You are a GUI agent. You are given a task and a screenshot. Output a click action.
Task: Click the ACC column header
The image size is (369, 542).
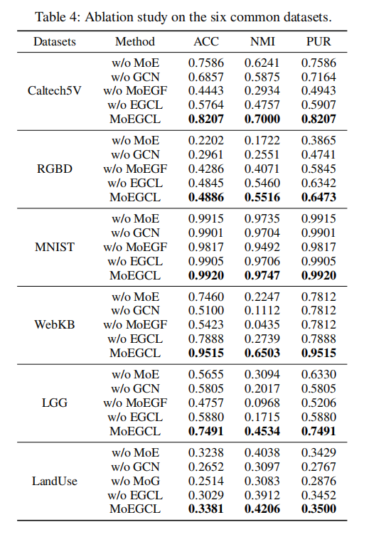(x=206, y=41)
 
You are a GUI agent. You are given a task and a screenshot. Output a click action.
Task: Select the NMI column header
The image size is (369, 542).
(x=262, y=41)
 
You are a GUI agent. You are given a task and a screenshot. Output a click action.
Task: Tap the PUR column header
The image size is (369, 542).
(x=317, y=41)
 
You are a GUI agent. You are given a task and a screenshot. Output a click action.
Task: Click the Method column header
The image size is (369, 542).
(x=135, y=41)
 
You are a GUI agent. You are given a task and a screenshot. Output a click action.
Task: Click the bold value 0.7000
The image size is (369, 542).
(x=262, y=119)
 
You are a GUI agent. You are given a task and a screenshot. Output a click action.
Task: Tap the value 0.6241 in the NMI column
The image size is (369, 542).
(x=262, y=63)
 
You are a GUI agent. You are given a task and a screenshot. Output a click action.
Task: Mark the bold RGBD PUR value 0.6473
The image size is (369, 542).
(x=317, y=197)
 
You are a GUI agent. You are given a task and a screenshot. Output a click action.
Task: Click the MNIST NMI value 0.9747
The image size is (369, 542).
(x=262, y=275)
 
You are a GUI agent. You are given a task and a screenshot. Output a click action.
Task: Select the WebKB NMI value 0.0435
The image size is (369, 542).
(x=262, y=324)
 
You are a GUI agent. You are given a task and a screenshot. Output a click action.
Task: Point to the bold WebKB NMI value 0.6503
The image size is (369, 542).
(x=262, y=353)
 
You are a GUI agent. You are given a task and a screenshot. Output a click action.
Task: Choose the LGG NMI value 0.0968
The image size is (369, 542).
(x=262, y=403)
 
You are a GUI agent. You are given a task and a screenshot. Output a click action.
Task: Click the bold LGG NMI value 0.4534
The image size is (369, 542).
(x=262, y=431)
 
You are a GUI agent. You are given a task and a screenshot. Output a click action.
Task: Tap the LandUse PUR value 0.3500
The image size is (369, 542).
(x=317, y=509)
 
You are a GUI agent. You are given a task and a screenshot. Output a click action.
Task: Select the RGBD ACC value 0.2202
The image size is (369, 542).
(x=206, y=141)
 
